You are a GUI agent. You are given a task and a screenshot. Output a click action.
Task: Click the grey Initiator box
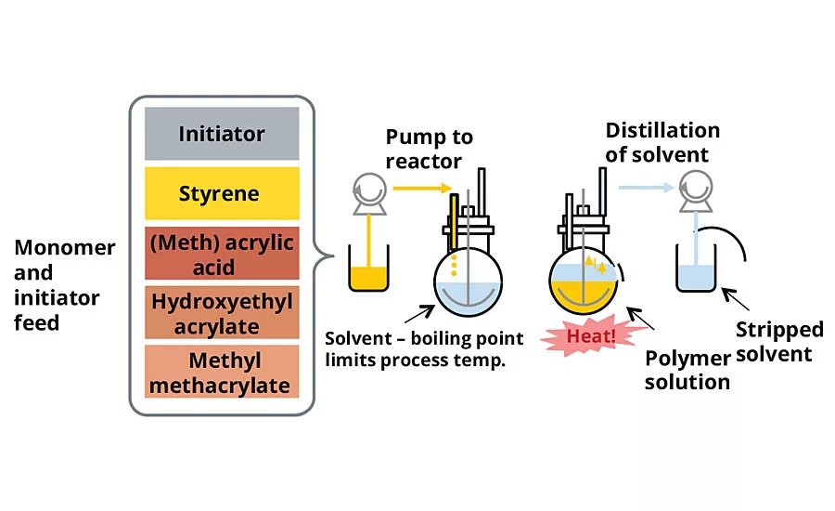[x=222, y=134]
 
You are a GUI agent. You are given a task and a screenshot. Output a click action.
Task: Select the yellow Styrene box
[x=222, y=194]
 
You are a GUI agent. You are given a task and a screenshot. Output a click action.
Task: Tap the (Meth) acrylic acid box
[x=222, y=254]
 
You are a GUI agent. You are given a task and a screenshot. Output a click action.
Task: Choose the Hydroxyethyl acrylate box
[x=222, y=313]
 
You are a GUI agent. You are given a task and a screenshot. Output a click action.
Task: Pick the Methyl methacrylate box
[x=222, y=372]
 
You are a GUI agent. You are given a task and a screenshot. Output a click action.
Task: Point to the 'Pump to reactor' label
[x=430, y=149]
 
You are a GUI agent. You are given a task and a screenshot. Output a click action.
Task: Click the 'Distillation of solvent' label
[x=662, y=142]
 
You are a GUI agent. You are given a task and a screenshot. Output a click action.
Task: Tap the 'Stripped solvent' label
[x=779, y=341]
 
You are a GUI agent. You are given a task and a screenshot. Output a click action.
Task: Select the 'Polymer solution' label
[x=687, y=370]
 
